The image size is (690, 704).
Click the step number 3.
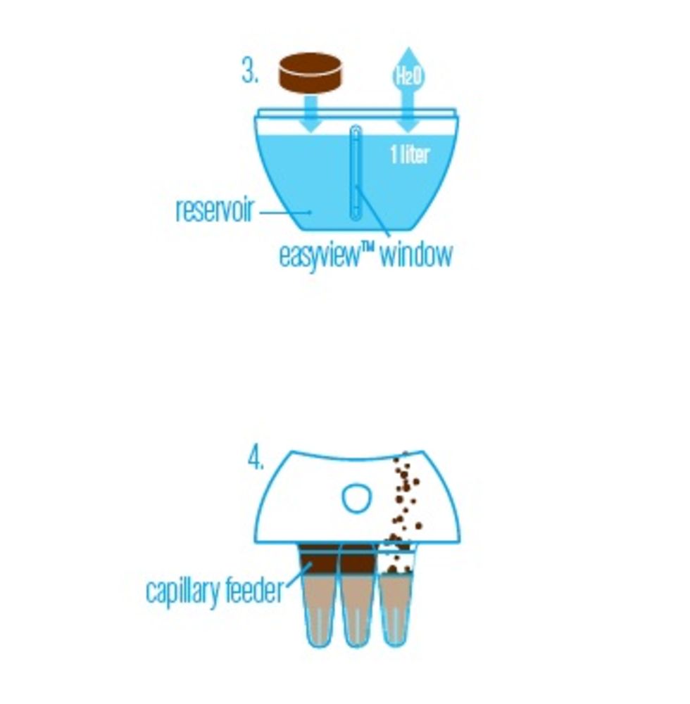(x=250, y=72)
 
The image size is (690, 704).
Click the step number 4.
(x=256, y=459)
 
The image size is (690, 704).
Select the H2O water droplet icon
(x=408, y=72)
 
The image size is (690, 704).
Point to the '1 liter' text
(x=410, y=155)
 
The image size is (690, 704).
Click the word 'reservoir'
(x=215, y=209)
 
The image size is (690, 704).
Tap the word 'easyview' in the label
(x=320, y=255)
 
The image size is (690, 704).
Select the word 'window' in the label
(x=416, y=255)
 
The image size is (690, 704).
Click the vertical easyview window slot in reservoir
(x=355, y=173)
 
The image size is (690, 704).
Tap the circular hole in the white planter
(x=357, y=497)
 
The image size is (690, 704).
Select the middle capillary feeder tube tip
(x=356, y=643)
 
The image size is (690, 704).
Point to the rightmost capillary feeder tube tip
(x=394, y=642)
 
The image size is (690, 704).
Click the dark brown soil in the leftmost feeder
(x=318, y=561)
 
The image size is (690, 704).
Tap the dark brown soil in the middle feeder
(x=358, y=561)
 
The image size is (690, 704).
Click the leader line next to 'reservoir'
(x=285, y=212)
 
